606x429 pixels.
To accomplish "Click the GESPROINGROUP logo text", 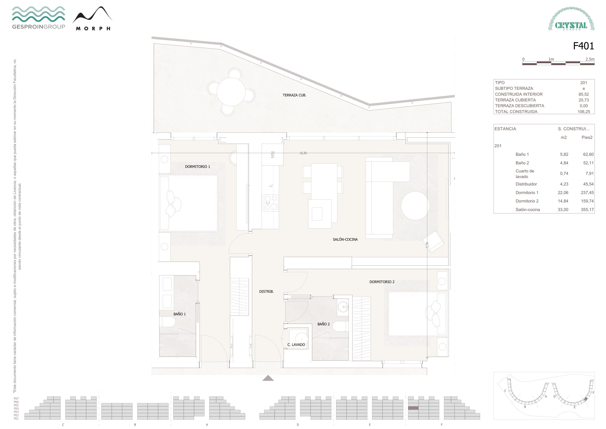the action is [x=39, y=27].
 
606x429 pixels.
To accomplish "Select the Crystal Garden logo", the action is [x=571, y=19].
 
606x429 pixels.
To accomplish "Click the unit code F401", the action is [x=583, y=46].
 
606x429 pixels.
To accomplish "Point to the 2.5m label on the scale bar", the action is [x=590, y=59].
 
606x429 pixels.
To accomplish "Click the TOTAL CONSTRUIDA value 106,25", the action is [x=584, y=112].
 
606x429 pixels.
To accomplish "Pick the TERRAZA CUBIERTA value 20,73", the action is [x=584, y=100].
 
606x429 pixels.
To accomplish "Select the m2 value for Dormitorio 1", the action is [x=563, y=193].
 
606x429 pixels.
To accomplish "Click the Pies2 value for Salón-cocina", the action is [x=587, y=210].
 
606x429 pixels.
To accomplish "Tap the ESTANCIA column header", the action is [x=505, y=129].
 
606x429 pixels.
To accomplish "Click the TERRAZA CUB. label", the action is [x=294, y=95].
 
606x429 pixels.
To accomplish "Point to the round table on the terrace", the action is [x=231, y=92].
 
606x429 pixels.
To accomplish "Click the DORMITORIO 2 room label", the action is [x=382, y=282].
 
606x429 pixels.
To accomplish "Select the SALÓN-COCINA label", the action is [x=345, y=239].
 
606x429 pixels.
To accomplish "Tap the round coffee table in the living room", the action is [x=415, y=206].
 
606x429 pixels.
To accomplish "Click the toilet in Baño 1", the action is [x=169, y=322].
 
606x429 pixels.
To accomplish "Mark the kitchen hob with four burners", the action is [x=271, y=203].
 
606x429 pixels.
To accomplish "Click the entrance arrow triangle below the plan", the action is [x=268, y=378].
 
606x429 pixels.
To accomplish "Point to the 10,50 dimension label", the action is [x=303, y=153].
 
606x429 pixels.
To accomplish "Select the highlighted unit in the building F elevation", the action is [x=413, y=408].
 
